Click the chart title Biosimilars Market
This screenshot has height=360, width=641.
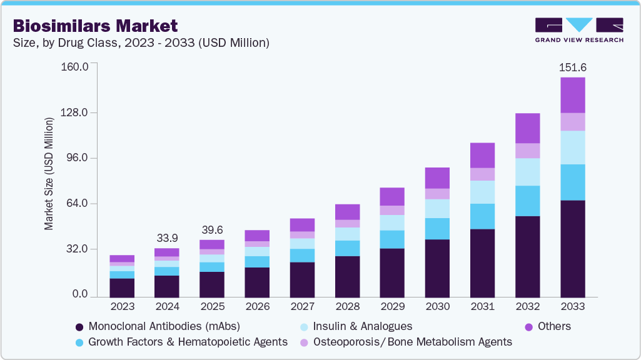96,26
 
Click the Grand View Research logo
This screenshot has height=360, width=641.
578,29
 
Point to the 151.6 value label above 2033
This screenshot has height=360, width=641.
573,67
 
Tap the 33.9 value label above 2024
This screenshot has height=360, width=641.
167,237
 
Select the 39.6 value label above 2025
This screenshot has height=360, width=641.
212,229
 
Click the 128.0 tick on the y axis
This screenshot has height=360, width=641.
74,112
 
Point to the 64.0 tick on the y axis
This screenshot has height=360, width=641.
77,204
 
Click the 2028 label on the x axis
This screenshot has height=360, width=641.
347,306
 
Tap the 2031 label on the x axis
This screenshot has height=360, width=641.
482,306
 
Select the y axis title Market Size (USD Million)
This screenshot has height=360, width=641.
49,173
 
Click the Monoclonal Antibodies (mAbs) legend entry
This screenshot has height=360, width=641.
164,326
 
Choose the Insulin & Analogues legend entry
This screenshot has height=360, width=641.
362,326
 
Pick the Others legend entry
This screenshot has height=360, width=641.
553,326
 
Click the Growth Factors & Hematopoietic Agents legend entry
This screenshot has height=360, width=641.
188,342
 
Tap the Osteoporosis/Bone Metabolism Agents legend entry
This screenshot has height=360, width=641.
412,342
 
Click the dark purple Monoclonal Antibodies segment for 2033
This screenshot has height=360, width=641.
572,249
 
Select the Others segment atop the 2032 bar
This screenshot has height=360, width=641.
527,128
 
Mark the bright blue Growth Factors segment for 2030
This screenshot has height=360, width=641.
437,229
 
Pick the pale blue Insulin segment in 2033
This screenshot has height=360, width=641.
572,147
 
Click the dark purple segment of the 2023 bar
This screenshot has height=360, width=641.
122,287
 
